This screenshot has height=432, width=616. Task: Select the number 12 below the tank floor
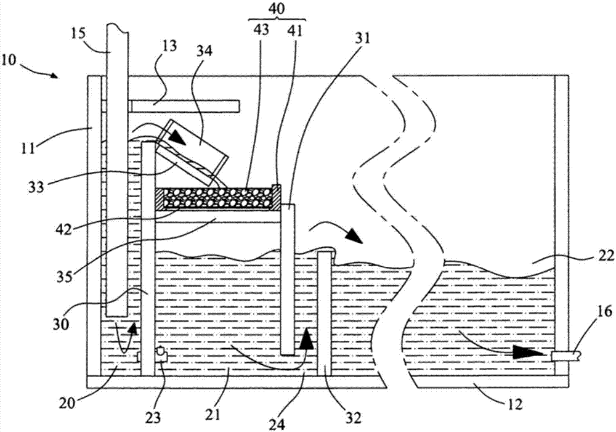[x=515, y=404]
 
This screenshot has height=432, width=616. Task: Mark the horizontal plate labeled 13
[x=185, y=107]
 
